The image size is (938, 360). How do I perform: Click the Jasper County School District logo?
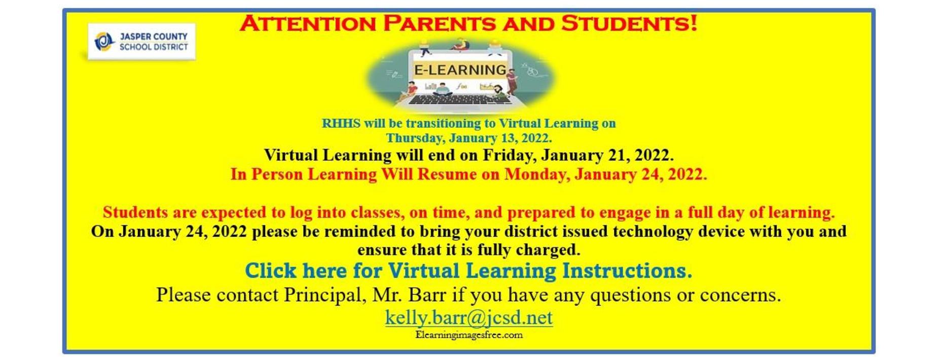[141, 42]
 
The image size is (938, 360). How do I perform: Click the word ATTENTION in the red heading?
[307, 24]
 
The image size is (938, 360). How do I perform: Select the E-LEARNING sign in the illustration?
[460, 69]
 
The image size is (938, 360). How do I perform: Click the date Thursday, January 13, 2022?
[469, 138]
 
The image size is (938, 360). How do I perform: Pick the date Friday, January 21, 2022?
[578, 155]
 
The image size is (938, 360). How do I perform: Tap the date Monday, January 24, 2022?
[606, 174]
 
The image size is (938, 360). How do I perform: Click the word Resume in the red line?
[447, 174]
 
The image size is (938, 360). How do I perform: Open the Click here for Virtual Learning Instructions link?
[468, 271]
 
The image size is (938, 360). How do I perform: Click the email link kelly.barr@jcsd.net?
[469, 318]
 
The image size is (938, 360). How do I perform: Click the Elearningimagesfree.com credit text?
[469, 335]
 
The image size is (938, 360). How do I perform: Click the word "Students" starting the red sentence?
[135, 212]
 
